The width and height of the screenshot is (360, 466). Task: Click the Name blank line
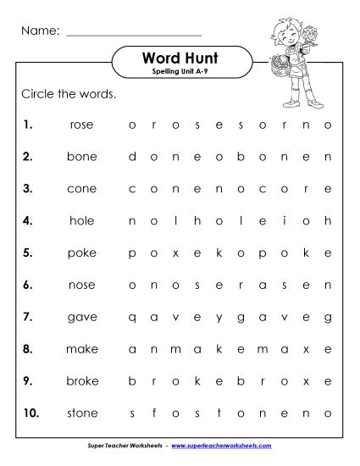pyautogui.click(x=133, y=34)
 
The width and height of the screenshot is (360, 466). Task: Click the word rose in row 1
pyautogui.click(x=82, y=125)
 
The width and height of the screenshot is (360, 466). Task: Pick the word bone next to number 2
pyautogui.click(x=82, y=157)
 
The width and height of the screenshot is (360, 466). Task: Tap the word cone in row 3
pyautogui.click(x=82, y=189)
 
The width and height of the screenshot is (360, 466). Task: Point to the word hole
pyautogui.click(x=82, y=220)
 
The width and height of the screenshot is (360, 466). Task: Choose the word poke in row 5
pyautogui.click(x=82, y=252)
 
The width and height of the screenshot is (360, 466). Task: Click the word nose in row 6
pyautogui.click(x=82, y=285)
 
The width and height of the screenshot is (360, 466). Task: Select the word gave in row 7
pyautogui.click(x=82, y=317)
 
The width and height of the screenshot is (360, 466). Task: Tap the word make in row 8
pyautogui.click(x=82, y=348)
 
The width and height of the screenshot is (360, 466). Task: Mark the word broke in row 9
pyautogui.click(x=82, y=380)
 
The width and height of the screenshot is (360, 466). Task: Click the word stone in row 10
pyautogui.click(x=82, y=413)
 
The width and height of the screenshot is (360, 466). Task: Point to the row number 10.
pyautogui.click(x=30, y=413)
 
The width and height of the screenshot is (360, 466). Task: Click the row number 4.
pyautogui.click(x=28, y=220)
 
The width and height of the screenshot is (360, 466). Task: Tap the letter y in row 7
pyautogui.click(x=219, y=317)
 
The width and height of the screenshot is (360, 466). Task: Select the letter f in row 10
pyautogui.click(x=153, y=413)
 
